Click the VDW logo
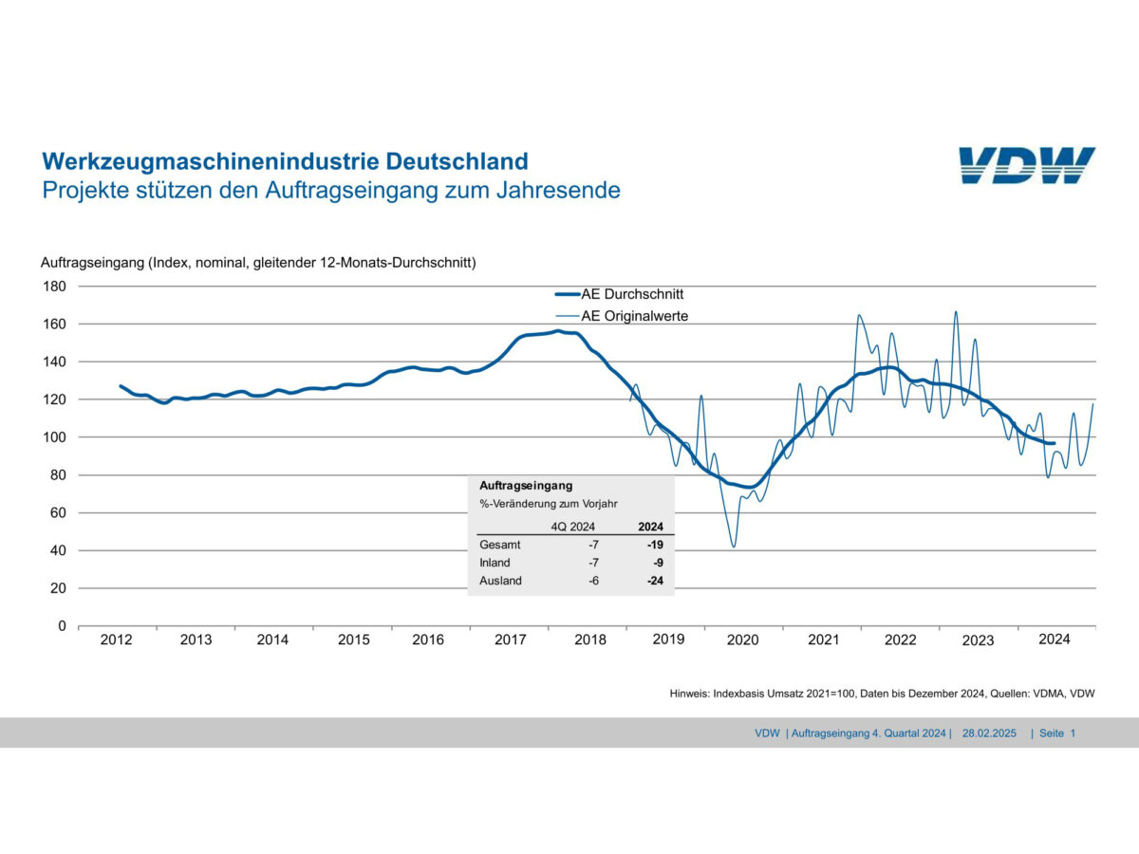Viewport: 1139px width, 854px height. [x=1026, y=166]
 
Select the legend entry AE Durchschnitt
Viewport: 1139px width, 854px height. [x=632, y=294]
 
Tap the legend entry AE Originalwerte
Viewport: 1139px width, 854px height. [x=634, y=315]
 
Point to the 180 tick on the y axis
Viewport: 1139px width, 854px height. [x=54, y=286]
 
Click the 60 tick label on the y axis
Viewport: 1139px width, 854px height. [x=58, y=512]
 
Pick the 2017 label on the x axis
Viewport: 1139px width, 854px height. [x=511, y=640]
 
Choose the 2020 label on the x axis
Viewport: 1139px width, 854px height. [x=743, y=640]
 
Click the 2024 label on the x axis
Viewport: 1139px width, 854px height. [x=1054, y=640]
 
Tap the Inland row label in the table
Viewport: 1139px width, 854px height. [x=495, y=563]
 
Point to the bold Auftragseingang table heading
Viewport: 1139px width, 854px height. [x=526, y=485]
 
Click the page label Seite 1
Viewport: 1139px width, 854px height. [x=1057, y=733]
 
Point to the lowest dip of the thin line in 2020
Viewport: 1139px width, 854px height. [x=733, y=547]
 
